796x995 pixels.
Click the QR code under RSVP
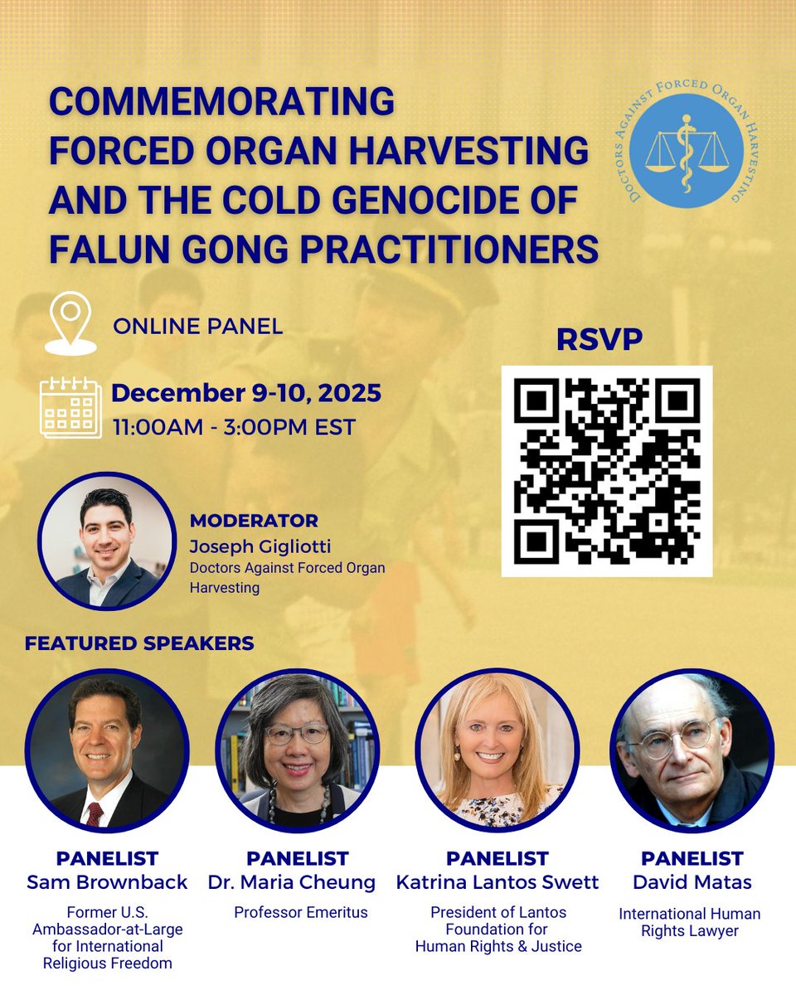pos(607,471)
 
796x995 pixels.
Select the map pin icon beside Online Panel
pos(70,323)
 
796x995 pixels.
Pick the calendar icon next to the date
pos(70,408)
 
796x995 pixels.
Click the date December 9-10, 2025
pos(246,392)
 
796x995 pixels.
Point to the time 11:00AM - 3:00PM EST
pos(235,427)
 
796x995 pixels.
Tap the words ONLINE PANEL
pos(198,326)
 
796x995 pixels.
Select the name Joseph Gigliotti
pos(260,546)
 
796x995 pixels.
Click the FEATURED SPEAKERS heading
pos(139,643)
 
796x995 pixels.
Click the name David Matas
pos(692,882)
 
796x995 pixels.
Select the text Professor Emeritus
pos(301,913)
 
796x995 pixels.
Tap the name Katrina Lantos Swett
pos(497,882)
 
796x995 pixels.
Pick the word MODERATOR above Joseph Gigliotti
pos(254,521)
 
